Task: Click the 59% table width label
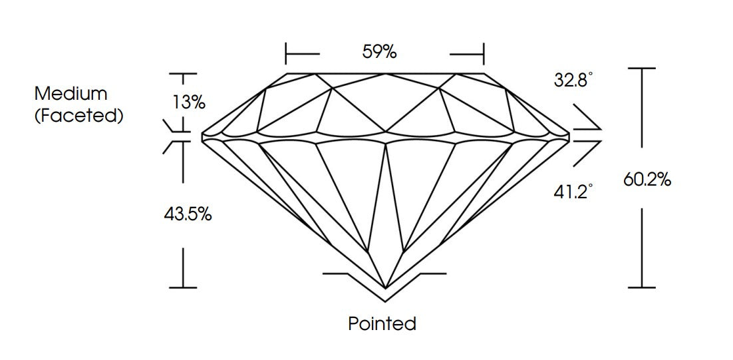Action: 379,52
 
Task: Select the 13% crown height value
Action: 188,102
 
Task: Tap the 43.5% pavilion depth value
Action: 188,214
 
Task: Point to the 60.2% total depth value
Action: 647,179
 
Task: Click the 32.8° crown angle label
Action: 573,80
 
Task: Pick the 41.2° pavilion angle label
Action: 573,192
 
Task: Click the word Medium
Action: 71,94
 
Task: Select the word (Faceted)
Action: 78,116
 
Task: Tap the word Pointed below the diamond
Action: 382,323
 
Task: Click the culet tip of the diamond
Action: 386,287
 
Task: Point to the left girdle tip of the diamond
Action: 202,137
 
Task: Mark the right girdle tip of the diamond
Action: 569,136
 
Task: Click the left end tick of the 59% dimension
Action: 285,54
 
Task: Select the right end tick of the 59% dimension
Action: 484,54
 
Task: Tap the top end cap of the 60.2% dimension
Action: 642,69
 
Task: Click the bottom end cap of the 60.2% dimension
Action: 642,287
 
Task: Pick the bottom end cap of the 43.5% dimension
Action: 183,287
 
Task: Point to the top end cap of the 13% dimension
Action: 183,74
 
